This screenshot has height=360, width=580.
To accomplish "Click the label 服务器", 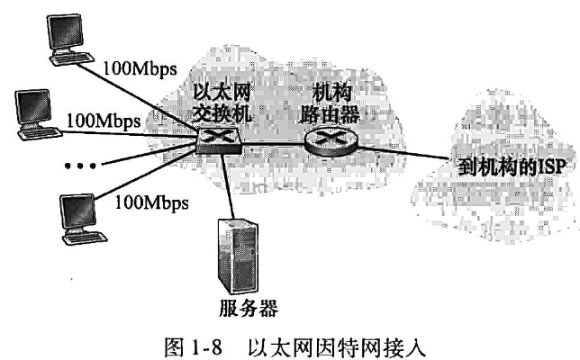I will pyautogui.click(x=245, y=309).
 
